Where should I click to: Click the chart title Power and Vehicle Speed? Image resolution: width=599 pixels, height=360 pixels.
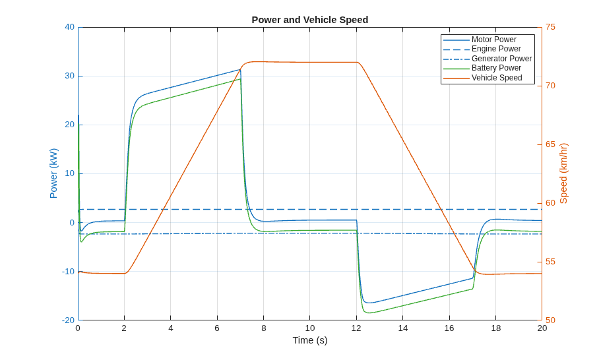[310, 20]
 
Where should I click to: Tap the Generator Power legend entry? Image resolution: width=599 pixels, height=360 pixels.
[488, 59]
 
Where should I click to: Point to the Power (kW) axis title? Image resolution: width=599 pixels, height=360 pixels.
[53, 173]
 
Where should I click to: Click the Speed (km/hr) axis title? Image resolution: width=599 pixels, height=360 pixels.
[563, 173]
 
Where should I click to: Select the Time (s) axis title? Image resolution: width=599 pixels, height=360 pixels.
[310, 340]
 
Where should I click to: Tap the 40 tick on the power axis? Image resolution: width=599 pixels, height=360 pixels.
[69, 27]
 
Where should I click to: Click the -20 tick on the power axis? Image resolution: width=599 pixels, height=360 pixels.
[68, 320]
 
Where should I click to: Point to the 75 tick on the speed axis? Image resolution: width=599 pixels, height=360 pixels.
[550, 27]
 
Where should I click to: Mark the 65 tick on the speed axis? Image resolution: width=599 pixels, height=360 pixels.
[550, 144]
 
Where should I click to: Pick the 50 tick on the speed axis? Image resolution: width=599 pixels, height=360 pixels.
[550, 320]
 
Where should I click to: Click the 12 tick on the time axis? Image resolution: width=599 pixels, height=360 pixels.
[356, 328]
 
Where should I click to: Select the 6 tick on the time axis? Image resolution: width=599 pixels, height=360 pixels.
[217, 328]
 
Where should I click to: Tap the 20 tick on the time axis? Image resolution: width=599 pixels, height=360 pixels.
[542, 328]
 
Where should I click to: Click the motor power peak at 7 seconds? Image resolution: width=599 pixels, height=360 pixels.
[240, 69]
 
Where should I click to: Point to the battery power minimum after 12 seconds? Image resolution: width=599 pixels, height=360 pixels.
[369, 313]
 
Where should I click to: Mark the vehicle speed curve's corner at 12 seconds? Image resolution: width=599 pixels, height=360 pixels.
[358, 62]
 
